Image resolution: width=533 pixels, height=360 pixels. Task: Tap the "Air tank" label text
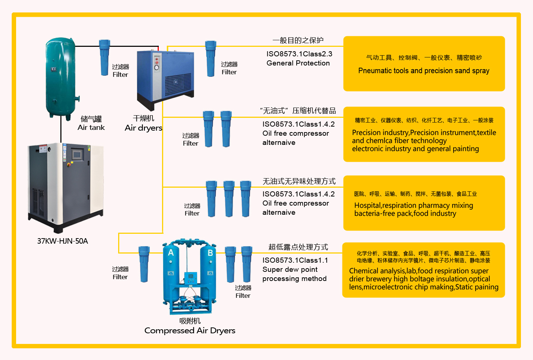point(91,128)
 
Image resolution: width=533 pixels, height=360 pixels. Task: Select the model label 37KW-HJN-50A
point(63,241)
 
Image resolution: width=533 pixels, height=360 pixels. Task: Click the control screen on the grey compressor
point(77,154)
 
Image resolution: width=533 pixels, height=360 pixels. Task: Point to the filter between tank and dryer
point(105,58)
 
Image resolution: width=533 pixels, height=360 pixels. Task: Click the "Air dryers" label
point(143,128)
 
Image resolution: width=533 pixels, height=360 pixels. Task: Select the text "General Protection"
point(298,63)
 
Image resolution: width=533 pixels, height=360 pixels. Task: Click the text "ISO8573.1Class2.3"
point(299,54)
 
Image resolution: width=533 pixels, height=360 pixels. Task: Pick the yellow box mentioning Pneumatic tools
point(424,64)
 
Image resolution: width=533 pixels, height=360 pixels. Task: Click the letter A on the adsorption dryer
point(171,253)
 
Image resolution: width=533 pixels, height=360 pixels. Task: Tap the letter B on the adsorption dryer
point(210,253)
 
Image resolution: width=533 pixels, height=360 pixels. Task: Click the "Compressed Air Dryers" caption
point(190,331)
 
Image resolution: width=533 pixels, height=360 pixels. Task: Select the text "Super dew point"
point(290,270)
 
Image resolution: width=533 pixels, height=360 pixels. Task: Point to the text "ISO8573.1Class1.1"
point(295,260)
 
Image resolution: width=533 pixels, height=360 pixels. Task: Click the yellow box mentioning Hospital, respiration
point(424,203)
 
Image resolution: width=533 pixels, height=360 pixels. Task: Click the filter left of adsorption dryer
point(144,264)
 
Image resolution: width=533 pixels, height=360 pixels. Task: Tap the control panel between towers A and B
point(190,278)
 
